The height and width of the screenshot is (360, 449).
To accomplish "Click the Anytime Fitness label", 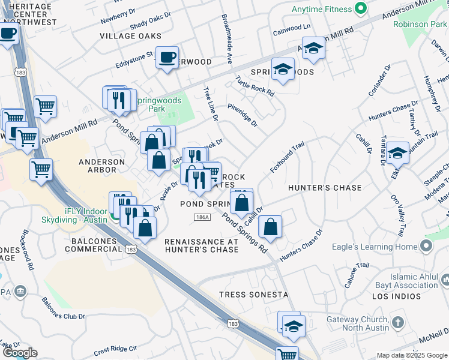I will (x=321, y=10).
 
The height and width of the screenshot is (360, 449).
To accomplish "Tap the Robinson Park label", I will (x=420, y=24).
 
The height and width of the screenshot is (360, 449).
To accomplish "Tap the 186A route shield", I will (x=202, y=217).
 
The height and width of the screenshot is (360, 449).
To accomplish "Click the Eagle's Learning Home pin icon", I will (x=426, y=246).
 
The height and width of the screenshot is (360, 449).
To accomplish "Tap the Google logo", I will (x=20, y=353).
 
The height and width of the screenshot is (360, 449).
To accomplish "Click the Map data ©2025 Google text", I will (x=411, y=355).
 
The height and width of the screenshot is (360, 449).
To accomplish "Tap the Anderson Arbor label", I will (x=102, y=166).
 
